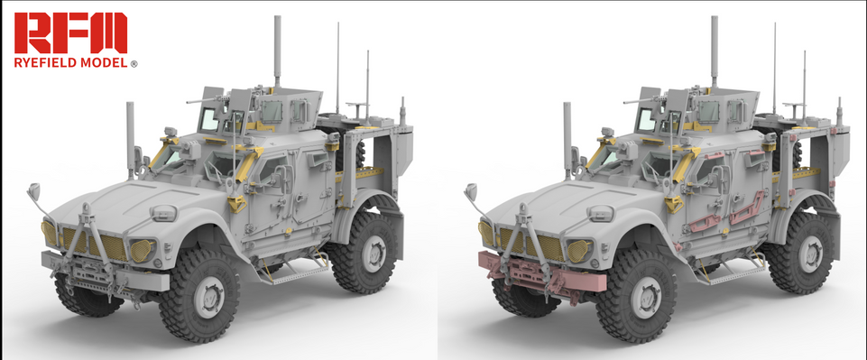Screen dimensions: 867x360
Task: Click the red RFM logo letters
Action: coord(70,32)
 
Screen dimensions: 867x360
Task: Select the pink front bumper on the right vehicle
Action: coord(541,273)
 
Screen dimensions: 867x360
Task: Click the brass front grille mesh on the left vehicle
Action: coord(95,244)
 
